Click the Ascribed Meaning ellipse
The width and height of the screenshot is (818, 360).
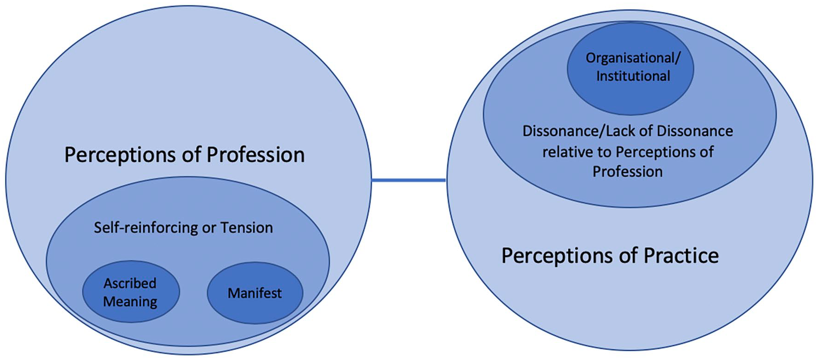[131, 292]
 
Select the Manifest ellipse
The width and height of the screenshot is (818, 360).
[254, 293]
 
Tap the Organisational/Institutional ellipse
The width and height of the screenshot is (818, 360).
[630, 68]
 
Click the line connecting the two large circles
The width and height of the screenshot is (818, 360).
[409, 180]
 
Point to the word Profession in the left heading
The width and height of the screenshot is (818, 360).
[255, 155]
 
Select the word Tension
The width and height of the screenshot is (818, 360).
[247, 227]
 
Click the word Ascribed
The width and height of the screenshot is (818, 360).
[130, 283]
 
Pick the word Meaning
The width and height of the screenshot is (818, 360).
[130, 302]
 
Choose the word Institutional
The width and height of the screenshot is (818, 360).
[633, 76]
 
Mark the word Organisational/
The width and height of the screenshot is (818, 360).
[633, 58]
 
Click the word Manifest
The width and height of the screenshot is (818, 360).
[254, 293]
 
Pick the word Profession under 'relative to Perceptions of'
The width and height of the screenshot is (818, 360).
[628, 171]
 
